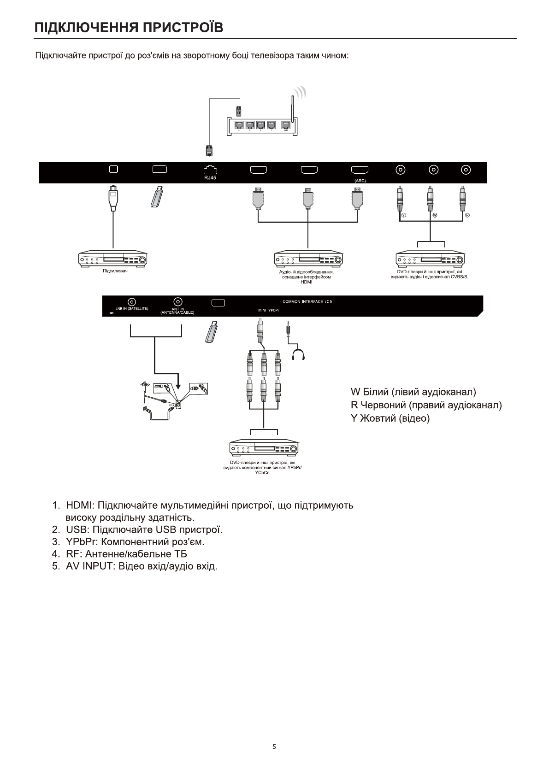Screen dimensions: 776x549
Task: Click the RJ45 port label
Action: click(210, 178)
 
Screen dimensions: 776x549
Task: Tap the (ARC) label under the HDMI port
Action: click(360, 181)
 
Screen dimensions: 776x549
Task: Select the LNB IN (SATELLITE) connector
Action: click(131, 302)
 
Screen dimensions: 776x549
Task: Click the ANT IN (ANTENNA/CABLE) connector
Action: click(177, 302)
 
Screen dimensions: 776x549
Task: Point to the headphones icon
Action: click(299, 354)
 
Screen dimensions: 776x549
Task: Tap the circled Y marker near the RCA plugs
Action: click(403, 216)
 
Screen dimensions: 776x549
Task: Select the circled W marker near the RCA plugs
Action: click(435, 216)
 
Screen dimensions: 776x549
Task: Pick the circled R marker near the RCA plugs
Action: click(466, 216)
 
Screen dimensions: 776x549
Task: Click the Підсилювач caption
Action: click(115, 271)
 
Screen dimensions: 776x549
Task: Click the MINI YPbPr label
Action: click(269, 311)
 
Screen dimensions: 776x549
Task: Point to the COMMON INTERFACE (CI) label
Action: click(307, 301)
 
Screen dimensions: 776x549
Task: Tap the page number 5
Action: click(274, 747)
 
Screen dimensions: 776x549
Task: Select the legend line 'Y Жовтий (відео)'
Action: click(390, 418)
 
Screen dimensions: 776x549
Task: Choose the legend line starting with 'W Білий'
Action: click(413, 392)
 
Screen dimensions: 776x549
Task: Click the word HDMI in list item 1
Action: click(80, 505)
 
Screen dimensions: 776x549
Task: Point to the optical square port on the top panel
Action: click(114, 169)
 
